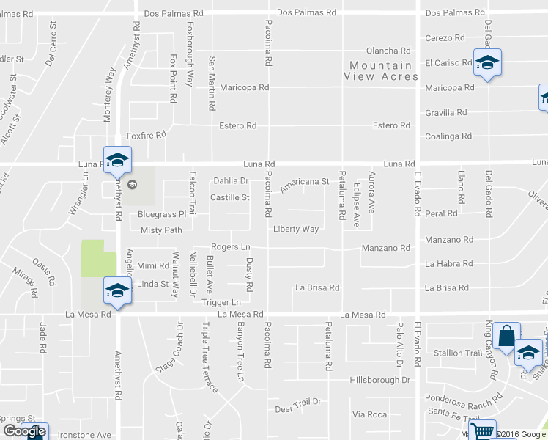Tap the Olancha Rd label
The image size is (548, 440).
tap(388, 51)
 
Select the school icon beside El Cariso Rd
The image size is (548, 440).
tap(486, 63)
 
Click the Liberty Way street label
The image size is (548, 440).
tap(296, 229)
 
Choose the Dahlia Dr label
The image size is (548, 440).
tap(231, 180)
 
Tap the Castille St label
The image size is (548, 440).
tap(230, 197)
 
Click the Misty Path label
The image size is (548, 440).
tap(161, 230)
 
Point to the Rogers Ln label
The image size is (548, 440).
tap(231, 247)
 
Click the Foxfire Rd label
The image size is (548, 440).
tap(147, 135)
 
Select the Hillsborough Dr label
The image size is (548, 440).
tap(379, 380)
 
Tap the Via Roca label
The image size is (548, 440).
tap(369, 414)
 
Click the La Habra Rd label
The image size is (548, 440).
tap(448, 263)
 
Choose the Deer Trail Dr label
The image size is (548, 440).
tap(298, 402)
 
